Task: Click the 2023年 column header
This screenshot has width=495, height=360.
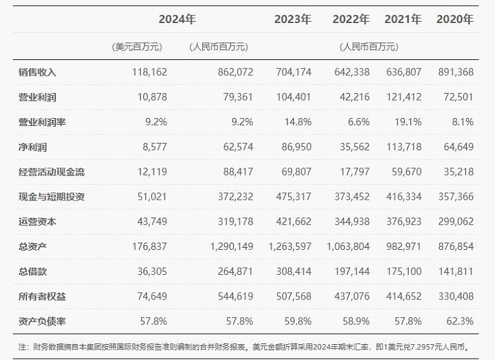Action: (292, 19)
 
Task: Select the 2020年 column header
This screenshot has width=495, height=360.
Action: (455, 19)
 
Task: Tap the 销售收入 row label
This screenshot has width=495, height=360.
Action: (38, 72)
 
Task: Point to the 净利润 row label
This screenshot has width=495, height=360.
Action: (33, 146)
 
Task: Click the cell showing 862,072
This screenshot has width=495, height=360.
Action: (235, 72)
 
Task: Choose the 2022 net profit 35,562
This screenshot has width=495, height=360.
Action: (351, 146)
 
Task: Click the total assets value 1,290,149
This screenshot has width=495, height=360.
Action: (229, 247)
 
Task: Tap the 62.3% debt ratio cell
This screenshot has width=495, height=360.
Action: (459, 321)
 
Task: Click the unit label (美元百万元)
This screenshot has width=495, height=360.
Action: (138, 47)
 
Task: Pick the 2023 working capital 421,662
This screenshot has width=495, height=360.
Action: (293, 222)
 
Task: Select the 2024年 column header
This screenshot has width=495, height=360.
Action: (177, 19)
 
